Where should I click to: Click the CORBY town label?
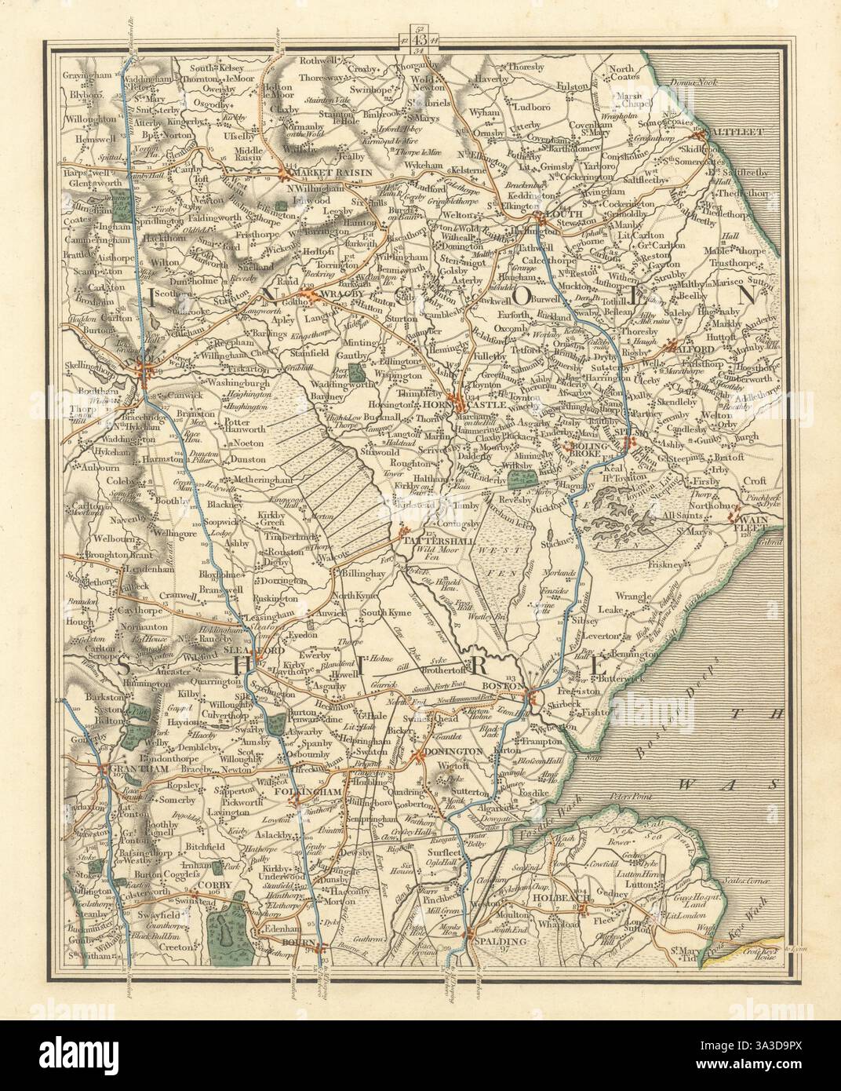[209, 892]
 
